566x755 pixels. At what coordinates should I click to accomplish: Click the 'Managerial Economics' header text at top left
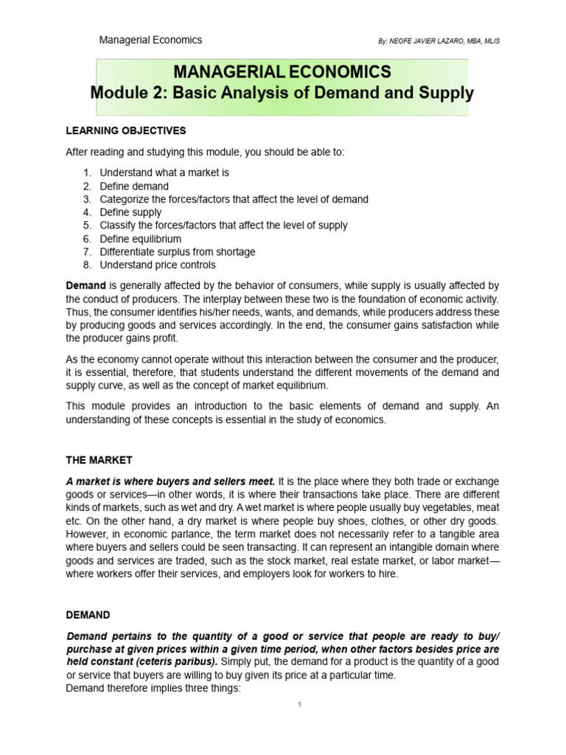(x=150, y=40)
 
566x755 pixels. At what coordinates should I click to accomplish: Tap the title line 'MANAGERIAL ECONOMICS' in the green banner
(x=282, y=72)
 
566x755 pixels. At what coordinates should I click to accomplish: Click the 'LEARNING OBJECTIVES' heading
(x=126, y=131)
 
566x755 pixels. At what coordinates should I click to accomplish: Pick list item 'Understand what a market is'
(x=165, y=173)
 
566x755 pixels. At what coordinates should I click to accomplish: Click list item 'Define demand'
(x=134, y=186)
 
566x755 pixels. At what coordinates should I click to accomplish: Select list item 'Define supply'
(x=130, y=212)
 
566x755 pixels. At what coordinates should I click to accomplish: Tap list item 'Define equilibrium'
(x=141, y=239)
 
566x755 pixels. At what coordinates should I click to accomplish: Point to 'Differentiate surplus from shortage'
(x=178, y=252)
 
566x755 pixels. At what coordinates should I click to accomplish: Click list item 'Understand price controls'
(x=158, y=265)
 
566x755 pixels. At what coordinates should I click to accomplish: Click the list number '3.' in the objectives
(x=86, y=199)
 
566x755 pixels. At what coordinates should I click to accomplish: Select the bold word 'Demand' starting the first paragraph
(x=86, y=285)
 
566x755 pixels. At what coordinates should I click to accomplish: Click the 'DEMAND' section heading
(x=88, y=614)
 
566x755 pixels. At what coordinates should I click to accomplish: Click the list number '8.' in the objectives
(x=86, y=265)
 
